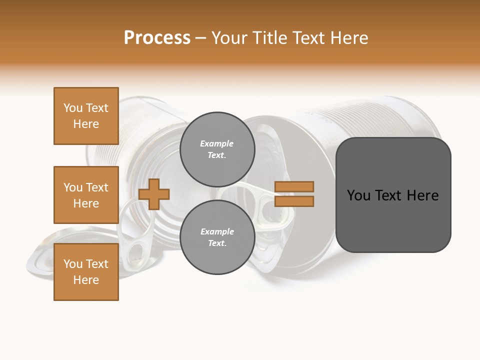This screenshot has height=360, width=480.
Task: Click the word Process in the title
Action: pyautogui.click(x=157, y=38)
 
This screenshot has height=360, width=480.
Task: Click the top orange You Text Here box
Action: pyautogui.click(x=86, y=116)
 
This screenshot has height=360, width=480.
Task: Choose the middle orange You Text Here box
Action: pyautogui.click(x=86, y=195)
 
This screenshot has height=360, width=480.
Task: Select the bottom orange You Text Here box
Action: pyautogui.click(x=86, y=272)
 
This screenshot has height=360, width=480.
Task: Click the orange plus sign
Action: pyautogui.click(x=154, y=194)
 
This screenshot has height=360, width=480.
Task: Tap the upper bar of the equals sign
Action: pyautogui.click(x=294, y=186)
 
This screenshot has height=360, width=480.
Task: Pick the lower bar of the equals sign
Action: pyautogui.click(x=294, y=201)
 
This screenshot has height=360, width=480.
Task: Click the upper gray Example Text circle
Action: pyautogui.click(x=217, y=149)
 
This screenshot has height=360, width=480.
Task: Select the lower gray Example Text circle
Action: pyautogui.click(x=217, y=237)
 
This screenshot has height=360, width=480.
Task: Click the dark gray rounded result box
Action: pyautogui.click(x=393, y=195)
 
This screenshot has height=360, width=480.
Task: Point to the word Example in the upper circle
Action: pyautogui.click(x=217, y=143)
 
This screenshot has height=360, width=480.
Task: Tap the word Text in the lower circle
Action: pyautogui.click(x=217, y=243)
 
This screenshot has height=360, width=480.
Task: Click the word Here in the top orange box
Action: pyautogui.click(x=86, y=124)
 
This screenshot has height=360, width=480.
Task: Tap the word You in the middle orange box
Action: pyautogui.click(x=73, y=187)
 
